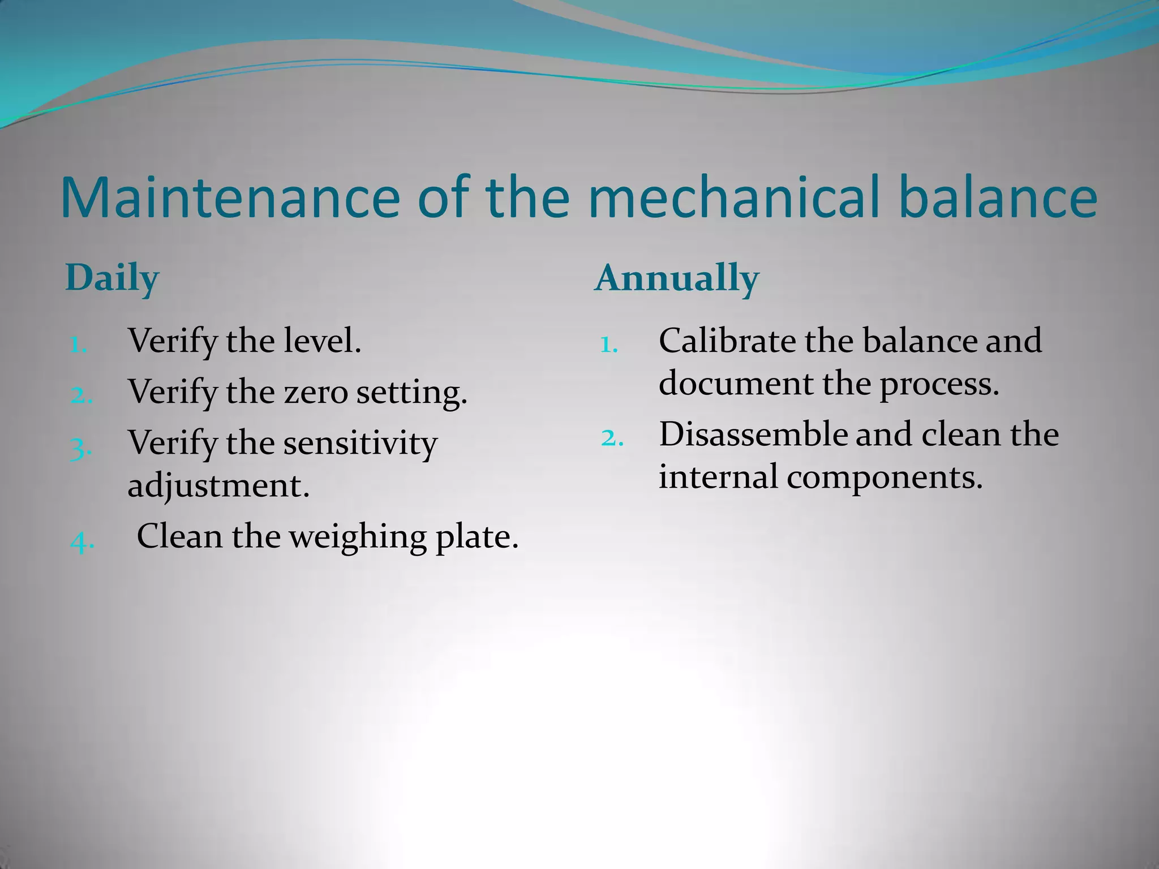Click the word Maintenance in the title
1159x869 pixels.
(230, 197)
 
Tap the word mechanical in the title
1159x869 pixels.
(733, 197)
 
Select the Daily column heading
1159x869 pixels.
(112, 278)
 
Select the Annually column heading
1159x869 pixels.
(676, 278)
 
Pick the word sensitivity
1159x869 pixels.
(360, 442)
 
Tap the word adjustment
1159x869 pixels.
(218, 485)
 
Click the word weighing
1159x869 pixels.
(358, 536)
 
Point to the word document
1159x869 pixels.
(736, 384)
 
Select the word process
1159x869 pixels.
(939, 384)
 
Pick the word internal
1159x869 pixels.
(718, 476)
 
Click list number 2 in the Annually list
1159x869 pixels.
(612, 438)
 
